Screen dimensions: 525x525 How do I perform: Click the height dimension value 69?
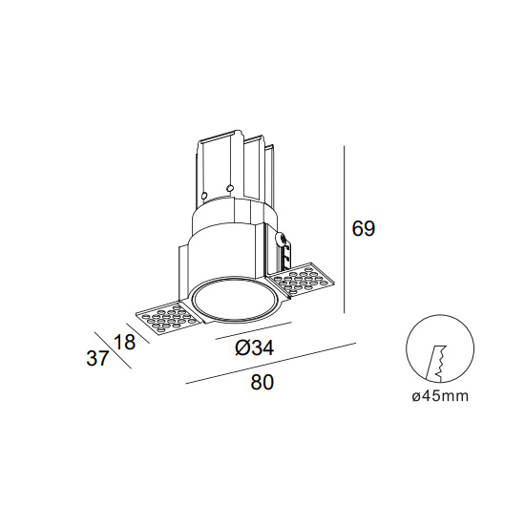364,229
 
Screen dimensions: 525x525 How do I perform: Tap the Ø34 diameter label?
255,347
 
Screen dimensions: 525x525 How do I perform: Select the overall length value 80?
262,382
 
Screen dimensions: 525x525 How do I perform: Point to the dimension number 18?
124,342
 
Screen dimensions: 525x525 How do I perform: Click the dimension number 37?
97,358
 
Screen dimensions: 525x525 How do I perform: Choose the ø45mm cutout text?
440,396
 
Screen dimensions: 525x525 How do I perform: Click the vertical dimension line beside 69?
345,229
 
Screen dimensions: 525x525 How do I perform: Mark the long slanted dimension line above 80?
270,363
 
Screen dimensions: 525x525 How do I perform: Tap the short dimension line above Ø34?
254,330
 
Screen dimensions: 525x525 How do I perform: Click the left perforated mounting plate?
166,318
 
